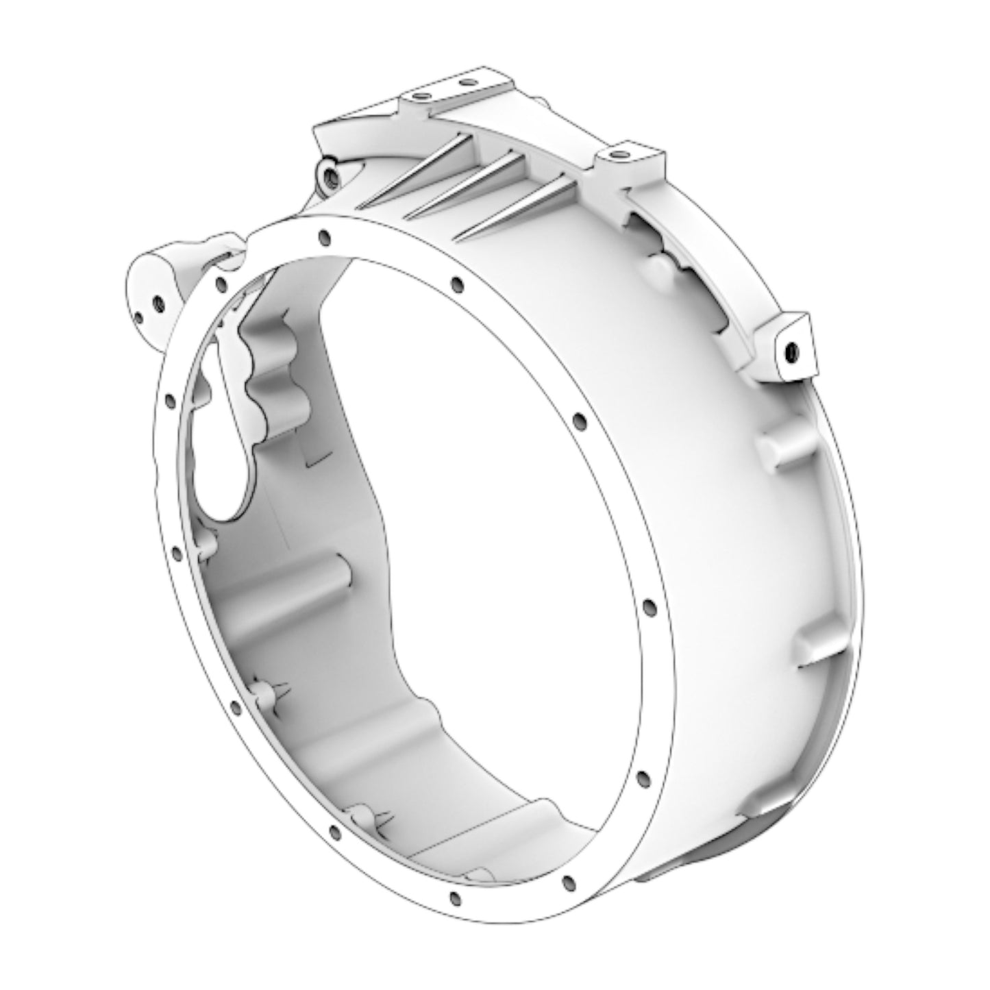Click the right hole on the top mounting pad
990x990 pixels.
469,83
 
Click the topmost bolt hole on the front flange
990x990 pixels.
323,237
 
